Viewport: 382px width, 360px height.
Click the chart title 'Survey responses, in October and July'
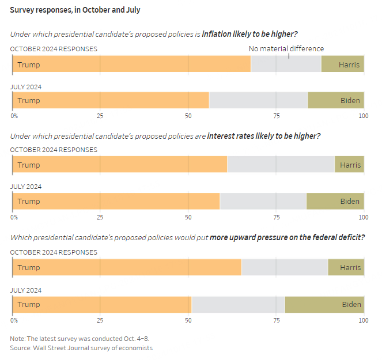click(x=75, y=10)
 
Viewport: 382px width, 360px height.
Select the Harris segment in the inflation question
click(x=342, y=65)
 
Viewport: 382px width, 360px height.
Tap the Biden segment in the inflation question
click(x=335, y=100)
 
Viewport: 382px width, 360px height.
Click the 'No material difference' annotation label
click(x=286, y=49)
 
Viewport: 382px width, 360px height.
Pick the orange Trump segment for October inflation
click(x=131, y=65)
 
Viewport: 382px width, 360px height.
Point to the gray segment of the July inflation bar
click(x=258, y=100)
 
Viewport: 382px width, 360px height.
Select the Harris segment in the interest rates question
click(x=349, y=165)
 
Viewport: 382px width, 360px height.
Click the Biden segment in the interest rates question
click(x=335, y=201)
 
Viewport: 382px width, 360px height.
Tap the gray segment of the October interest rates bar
click(x=281, y=165)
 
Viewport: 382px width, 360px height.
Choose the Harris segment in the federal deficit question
click(x=346, y=267)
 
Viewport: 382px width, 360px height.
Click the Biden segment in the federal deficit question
click(x=324, y=304)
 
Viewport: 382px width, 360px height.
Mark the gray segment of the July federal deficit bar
click(x=238, y=304)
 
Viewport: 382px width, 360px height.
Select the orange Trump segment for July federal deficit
click(x=102, y=304)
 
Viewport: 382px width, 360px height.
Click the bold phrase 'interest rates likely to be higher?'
click(x=263, y=136)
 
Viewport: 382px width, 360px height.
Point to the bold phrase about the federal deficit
click(x=287, y=237)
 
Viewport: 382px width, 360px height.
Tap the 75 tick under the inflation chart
click(x=277, y=116)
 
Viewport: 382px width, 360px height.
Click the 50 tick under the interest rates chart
click(x=188, y=217)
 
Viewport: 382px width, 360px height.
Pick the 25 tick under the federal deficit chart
click(x=100, y=320)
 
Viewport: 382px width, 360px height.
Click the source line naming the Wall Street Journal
click(x=81, y=348)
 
